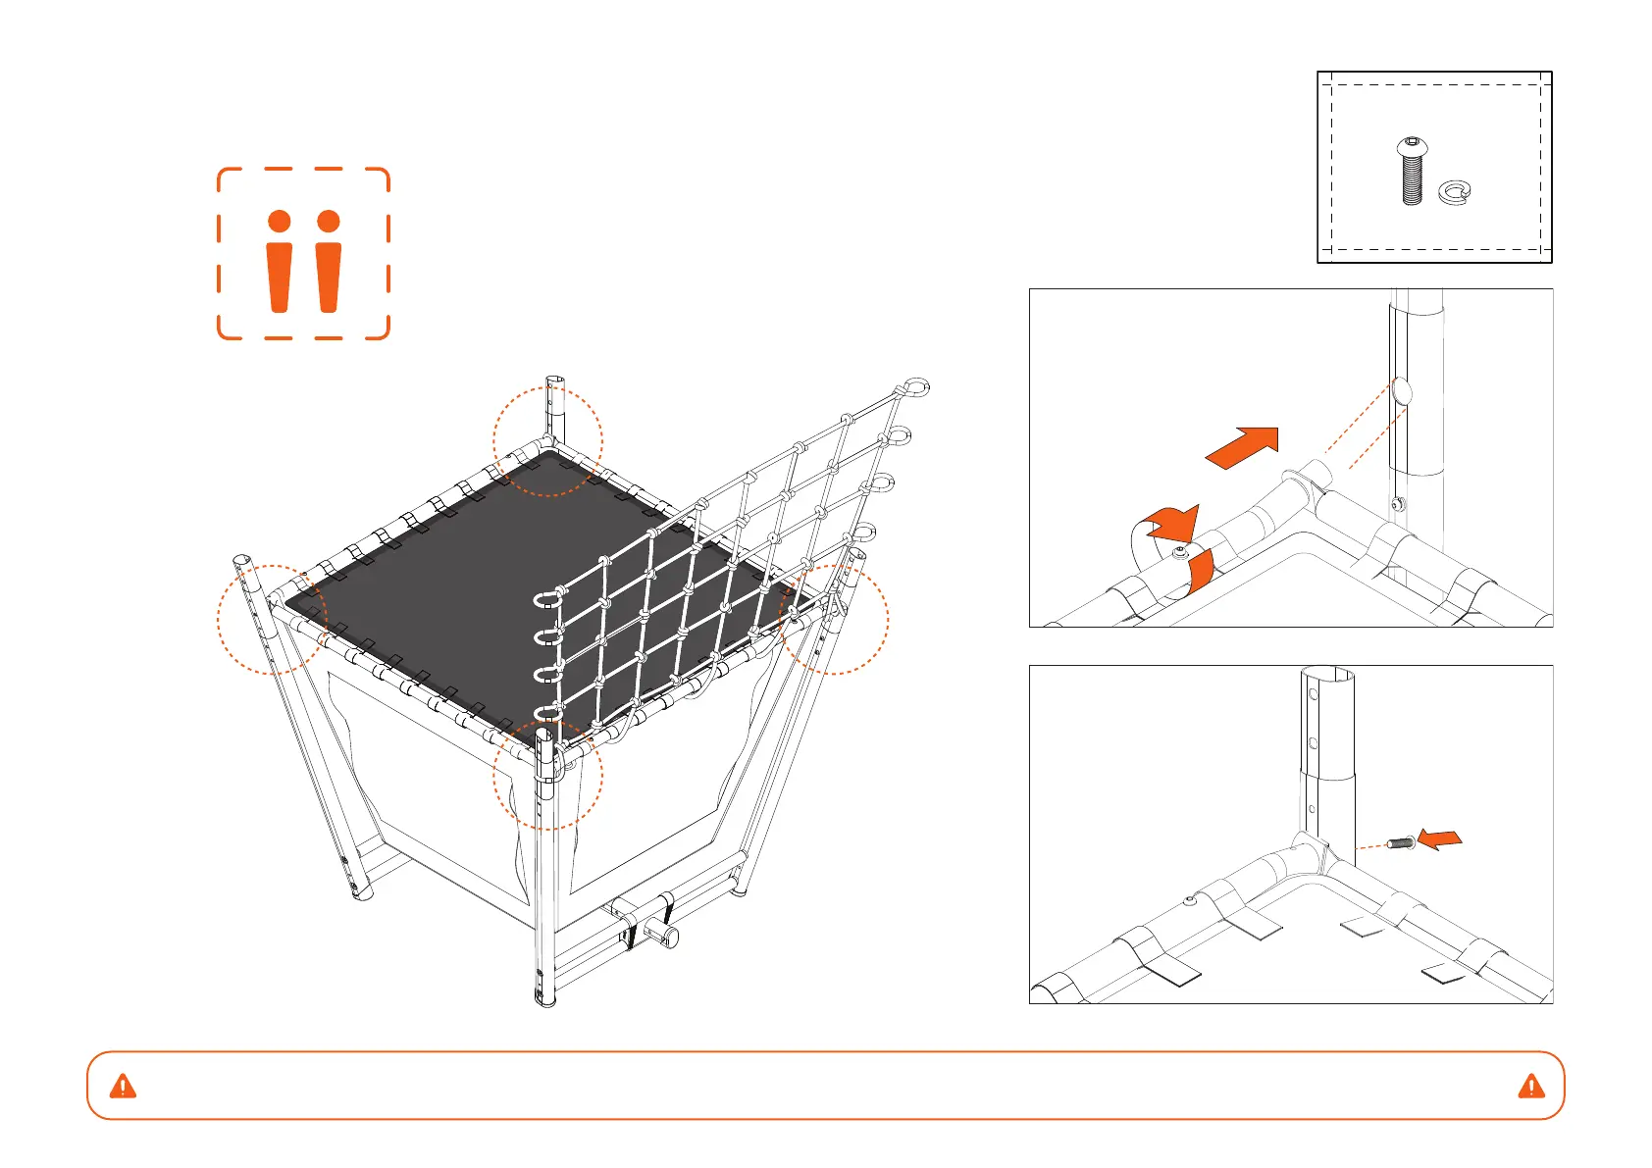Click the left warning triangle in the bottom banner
[x=123, y=1086]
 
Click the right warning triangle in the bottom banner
[x=1530, y=1086]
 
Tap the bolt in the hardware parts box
[x=1411, y=172]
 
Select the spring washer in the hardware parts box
[x=1454, y=192]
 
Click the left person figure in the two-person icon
[x=279, y=261]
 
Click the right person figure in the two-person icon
[x=329, y=261]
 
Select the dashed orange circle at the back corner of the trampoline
[x=547, y=441]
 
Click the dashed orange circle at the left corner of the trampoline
[x=272, y=619]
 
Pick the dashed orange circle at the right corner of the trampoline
[x=833, y=619]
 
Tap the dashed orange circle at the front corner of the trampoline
[x=546, y=775]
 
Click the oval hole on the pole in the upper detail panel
[x=1401, y=391]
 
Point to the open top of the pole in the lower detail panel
[x=1327, y=676]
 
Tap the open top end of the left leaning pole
[x=241, y=563]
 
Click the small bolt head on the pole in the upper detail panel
[x=1396, y=505]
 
